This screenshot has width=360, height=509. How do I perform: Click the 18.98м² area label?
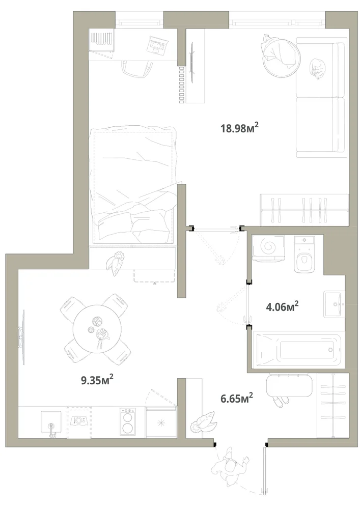tap(239, 128)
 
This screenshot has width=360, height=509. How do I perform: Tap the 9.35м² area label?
tap(97, 379)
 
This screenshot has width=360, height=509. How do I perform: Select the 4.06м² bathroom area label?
tap(282, 306)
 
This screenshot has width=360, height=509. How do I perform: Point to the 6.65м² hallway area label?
tap(237, 398)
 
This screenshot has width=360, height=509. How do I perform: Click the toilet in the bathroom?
tap(304, 254)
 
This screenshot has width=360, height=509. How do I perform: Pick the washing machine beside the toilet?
tap(268, 248)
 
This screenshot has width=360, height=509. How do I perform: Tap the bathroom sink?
tap(333, 304)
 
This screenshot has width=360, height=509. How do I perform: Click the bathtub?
tap(298, 350)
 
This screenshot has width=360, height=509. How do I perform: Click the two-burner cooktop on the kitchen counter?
tap(127, 421)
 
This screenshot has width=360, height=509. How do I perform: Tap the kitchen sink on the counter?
tap(51, 422)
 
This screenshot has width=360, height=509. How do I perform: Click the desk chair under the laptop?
tap(137, 69)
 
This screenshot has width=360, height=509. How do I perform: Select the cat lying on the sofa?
tap(317, 68)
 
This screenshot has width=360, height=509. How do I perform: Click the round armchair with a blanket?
tap(281, 54)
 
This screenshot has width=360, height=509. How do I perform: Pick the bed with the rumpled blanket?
tap(134, 184)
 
